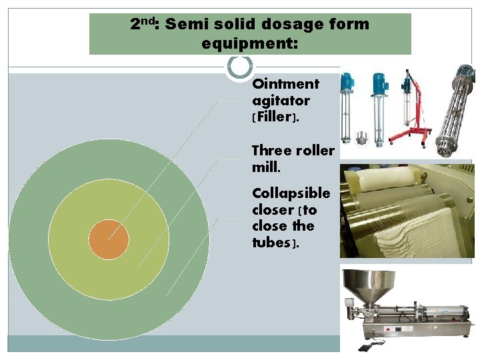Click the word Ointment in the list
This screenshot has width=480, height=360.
click(x=285, y=84)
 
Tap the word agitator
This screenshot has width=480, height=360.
click(x=281, y=101)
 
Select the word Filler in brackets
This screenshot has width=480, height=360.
click(x=273, y=117)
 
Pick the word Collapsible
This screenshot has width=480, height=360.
click(x=291, y=193)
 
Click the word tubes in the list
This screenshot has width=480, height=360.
click(x=271, y=243)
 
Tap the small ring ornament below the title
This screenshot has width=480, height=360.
click(x=240, y=66)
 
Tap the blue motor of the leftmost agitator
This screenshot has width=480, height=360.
click(x=347, y=82)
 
